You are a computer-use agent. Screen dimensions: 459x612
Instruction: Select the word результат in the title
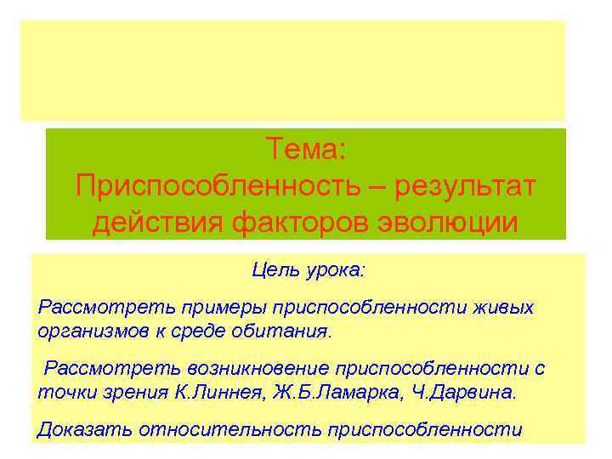click(468, 186)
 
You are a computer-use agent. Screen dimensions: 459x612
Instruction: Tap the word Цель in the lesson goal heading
click(271, 270)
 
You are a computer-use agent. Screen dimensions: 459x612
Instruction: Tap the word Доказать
click(79, 429)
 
